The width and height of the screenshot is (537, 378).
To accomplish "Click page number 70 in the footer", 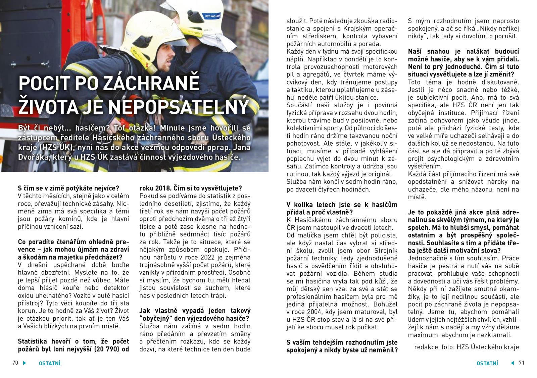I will [x=15, y=363].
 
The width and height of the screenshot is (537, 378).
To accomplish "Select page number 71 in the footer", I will [x=521, y=363].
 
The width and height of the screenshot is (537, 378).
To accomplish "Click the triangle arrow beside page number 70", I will [x=24, y=363].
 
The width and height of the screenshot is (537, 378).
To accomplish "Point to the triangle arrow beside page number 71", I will [x=512, y=363].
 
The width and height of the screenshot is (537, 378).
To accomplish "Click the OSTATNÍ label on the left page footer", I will [x=50, y=363].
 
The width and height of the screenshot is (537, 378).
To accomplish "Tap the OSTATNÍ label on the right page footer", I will [x=487, y=363].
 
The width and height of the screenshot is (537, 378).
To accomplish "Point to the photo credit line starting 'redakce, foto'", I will [x=466, y=347].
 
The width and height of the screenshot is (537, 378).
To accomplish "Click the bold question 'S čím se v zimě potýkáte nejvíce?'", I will [x=68, y=188].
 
